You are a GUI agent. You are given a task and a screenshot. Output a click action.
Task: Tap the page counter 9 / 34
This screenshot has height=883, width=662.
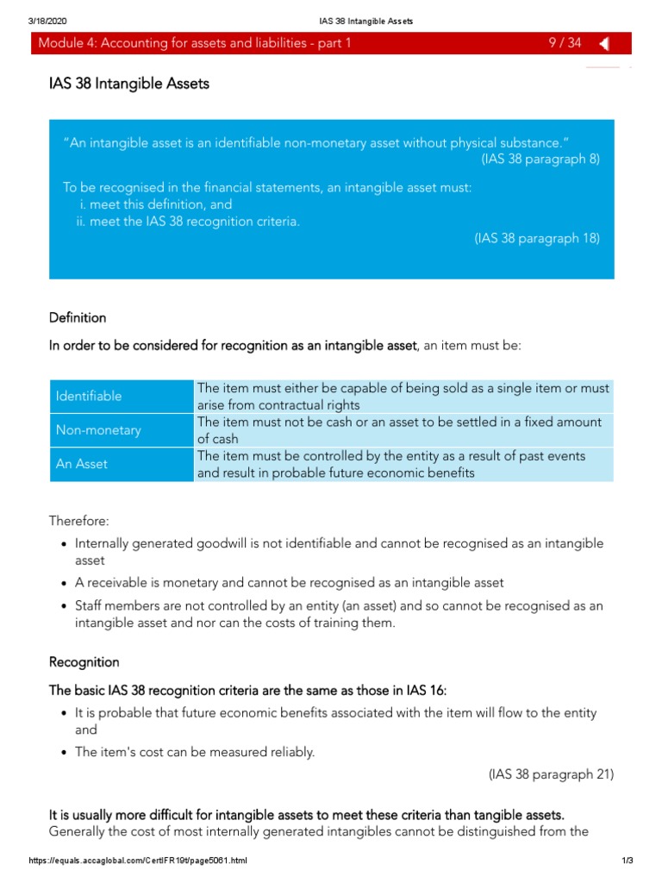coord(565,44)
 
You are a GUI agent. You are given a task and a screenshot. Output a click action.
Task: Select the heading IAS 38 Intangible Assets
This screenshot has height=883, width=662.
coord(129,84)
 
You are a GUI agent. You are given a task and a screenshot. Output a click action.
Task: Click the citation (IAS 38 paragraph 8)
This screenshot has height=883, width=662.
coord(540,159)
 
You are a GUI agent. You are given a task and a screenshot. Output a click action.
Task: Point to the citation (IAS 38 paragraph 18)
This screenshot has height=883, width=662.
coord(536,238)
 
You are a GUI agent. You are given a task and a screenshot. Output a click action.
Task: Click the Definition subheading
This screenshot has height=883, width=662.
coord(78,317)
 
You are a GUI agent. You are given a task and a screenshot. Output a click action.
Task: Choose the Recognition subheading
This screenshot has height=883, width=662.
coord(84,662)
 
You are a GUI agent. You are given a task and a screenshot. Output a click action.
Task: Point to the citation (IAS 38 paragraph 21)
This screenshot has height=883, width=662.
coord(551,774)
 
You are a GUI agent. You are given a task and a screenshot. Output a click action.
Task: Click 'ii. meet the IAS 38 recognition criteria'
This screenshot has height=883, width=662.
coord(187,222)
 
